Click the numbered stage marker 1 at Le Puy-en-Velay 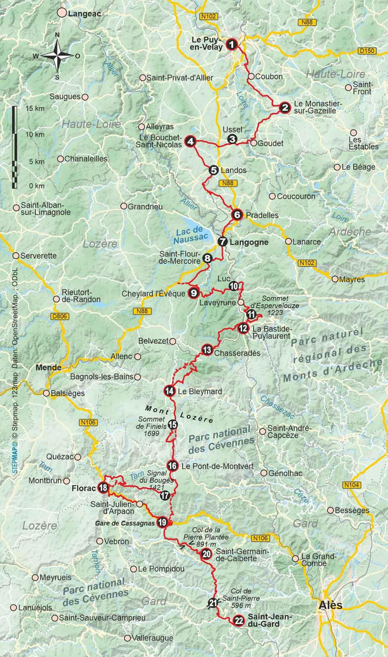(232, 44)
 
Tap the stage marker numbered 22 (238, 621)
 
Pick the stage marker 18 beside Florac (103, 488)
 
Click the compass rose (57, 55)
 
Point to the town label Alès (330, 605)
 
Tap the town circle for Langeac (63, 12)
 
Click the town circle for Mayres (335, 279)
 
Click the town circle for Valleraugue (127, 638)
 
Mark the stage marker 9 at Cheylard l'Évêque (193, 293)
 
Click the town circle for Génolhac (264, 473)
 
